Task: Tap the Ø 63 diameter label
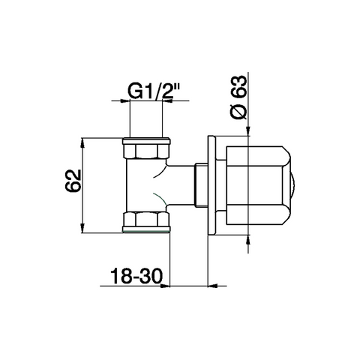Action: (238, 97)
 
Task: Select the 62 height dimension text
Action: (73, 181)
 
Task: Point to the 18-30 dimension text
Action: (136, 276)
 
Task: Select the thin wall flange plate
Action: (211, 185)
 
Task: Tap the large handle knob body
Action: (258, 185)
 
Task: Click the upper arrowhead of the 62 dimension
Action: (82, 142)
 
